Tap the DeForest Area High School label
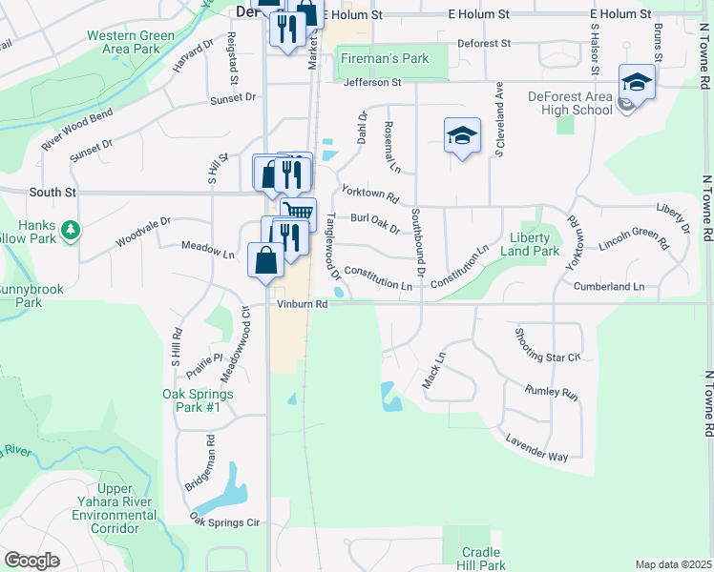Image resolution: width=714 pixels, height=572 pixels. (x=571, y=103)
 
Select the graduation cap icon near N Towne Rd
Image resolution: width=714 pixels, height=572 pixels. (x=637, y=82)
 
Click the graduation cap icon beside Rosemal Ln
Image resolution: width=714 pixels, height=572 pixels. (x=462, y=135)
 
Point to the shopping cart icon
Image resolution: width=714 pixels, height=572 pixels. (x=298, y=213)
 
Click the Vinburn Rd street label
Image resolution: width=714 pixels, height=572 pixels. (x=303, y=305)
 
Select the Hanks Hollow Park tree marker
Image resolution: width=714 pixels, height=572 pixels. (x=70, y=230)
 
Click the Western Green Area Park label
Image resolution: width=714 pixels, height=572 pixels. (x=131, y=42)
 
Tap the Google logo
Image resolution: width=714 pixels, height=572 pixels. (x=31, y=561)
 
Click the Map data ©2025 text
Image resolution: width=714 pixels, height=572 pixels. (x=673, y=564)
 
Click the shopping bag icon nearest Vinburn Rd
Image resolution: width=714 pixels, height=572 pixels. (x=265, y=259)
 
